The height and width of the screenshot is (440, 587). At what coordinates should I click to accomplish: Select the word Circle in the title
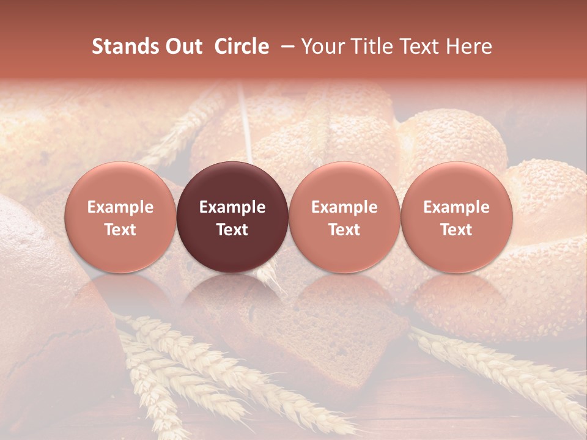click(x=242, y=46)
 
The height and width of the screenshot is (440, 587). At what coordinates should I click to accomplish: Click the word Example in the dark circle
click(x=232, y=207)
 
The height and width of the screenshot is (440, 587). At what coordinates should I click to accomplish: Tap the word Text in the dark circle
click(x=232, y=230)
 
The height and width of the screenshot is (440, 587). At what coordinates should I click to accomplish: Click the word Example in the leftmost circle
click(x=120, y=207)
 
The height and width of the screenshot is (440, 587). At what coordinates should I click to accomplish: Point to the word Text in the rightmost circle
click(x=457, y=230)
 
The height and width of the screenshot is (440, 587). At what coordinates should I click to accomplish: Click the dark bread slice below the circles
click(x=306, y=342)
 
